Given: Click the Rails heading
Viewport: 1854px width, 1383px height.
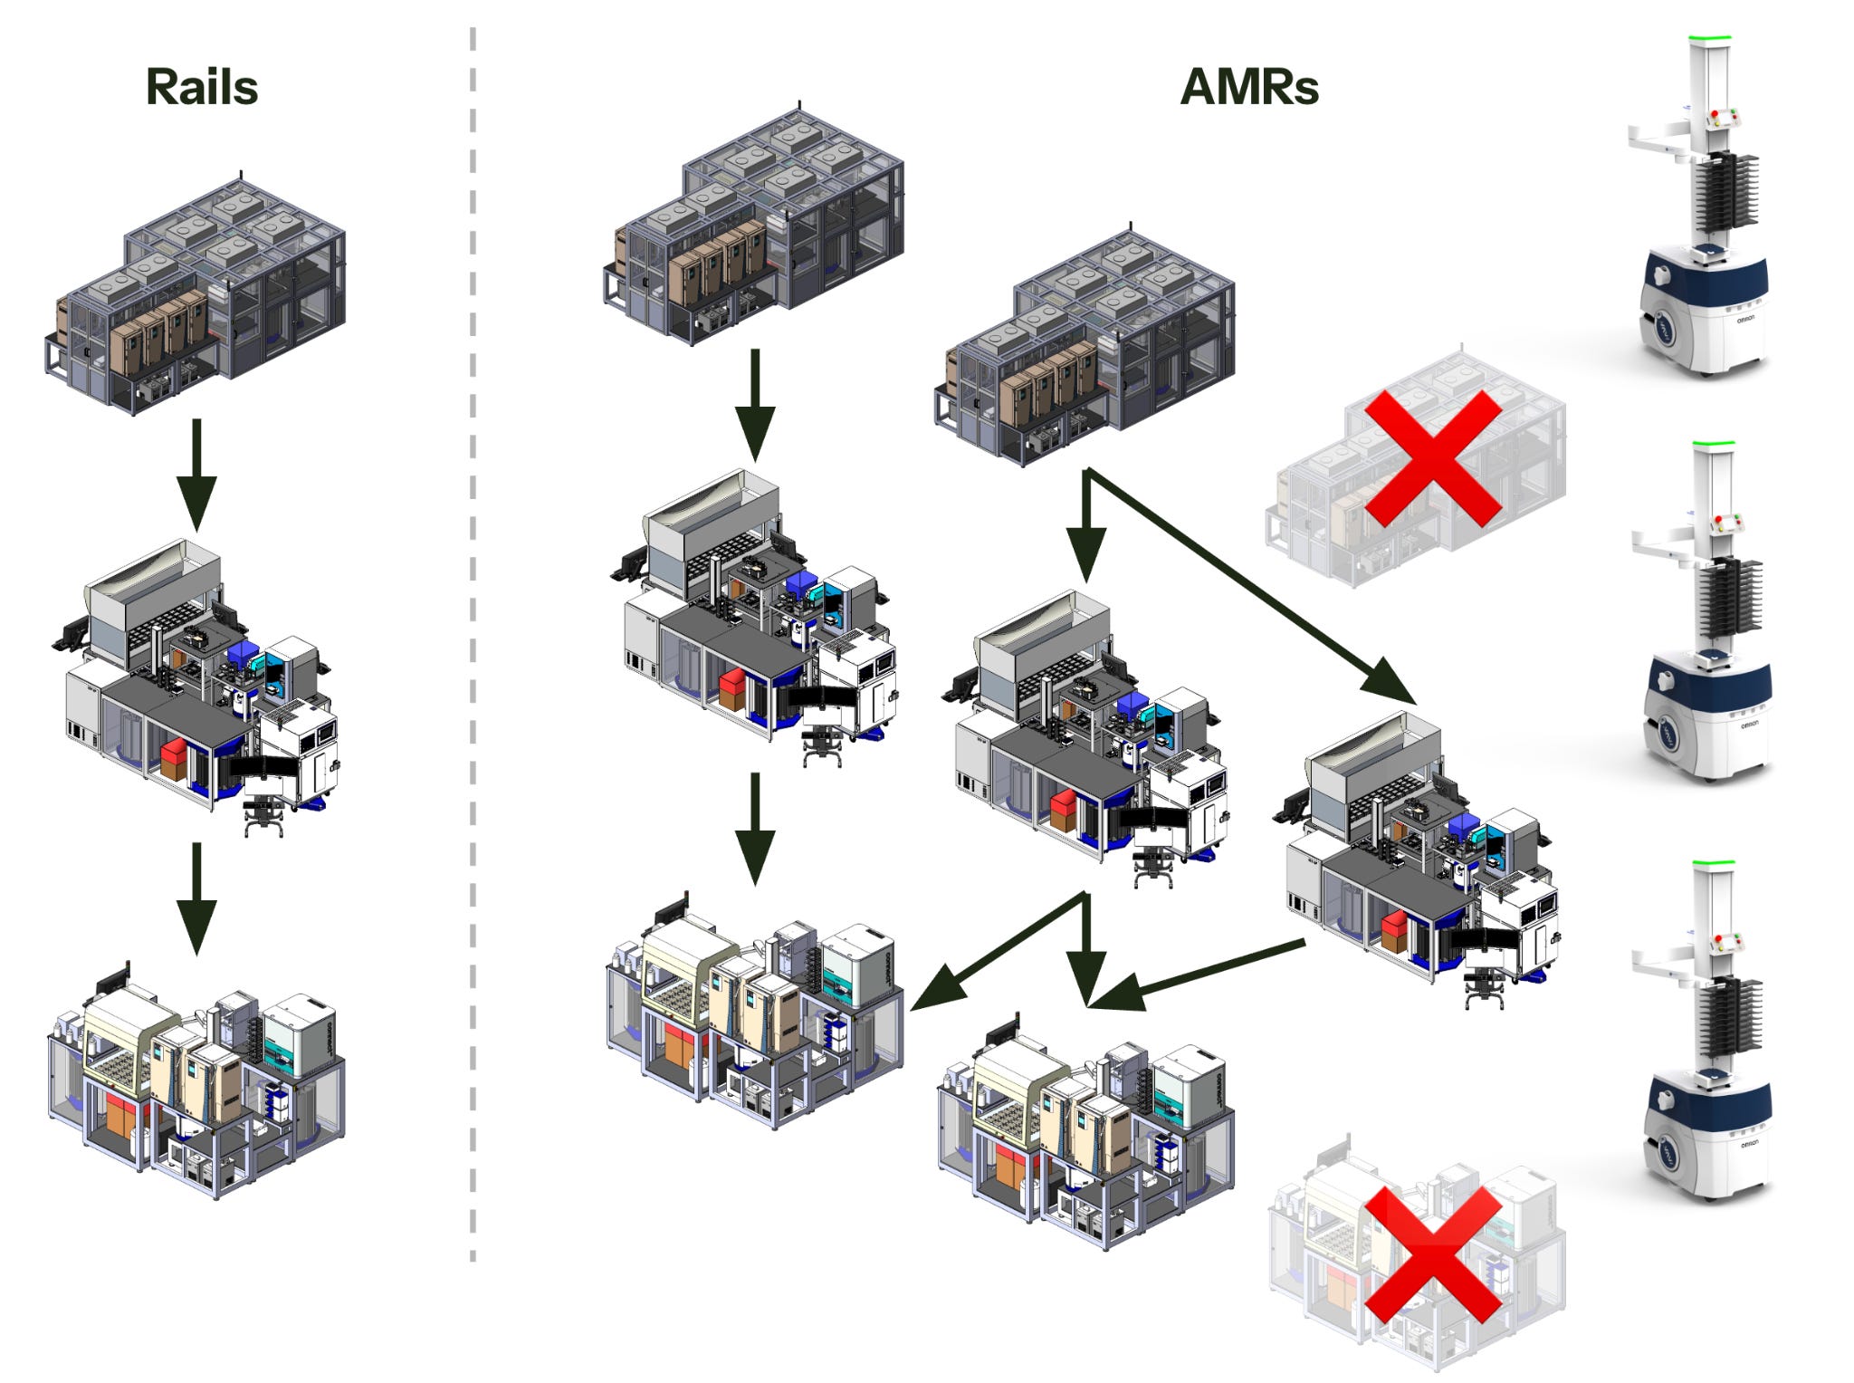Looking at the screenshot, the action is tap(202, 88).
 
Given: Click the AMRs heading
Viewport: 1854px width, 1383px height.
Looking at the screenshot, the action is tap(1249, 88).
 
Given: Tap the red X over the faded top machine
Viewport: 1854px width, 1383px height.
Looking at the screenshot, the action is tap(1432, 458).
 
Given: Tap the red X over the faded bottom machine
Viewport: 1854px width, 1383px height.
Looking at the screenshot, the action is tap(1432, 1254).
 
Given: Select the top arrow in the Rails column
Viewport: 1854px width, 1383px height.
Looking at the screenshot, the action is tap(196, 475).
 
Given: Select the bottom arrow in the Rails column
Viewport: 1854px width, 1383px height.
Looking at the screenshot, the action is tap(196, 898).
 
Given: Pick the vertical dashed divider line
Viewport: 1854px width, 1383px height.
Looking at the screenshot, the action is tap(473, 643).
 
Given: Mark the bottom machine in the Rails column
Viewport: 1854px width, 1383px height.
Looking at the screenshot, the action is tap(196, 1080).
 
